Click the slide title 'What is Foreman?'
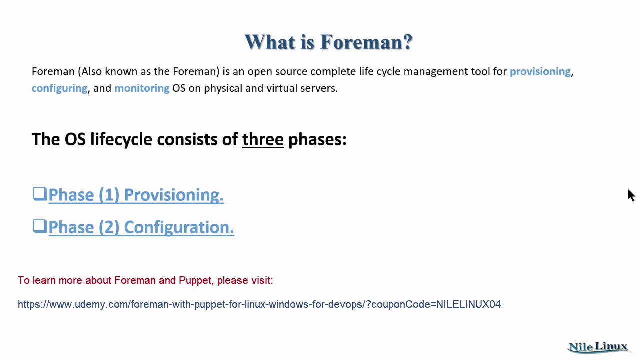point(328,42)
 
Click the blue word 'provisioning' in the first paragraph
point(540,71)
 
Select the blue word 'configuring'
point(59,88)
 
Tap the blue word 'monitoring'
point(142,88)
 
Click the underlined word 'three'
point(263,139)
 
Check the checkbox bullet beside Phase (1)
point(39,194)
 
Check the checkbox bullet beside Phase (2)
point(39,226)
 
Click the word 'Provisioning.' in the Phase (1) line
point(173,195)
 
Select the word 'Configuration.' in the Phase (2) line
point(179,227)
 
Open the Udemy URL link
point(259,304)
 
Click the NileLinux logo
point(598,347)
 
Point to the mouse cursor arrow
point(631,195)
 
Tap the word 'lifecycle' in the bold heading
point(121,139)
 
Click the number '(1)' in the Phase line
point(109,195)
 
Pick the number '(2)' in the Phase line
point(109,227)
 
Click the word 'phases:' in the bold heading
point(317,139)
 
